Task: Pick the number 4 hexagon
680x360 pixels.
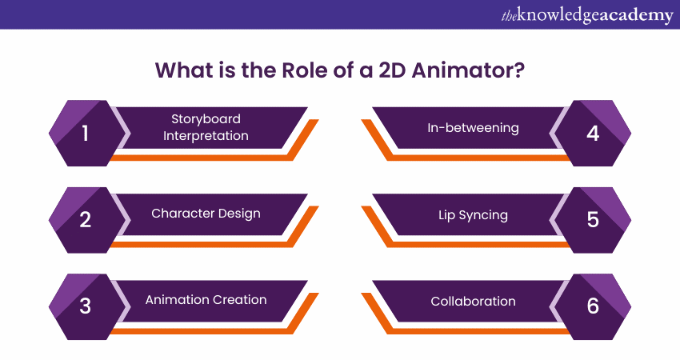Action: click(x=593, y=133)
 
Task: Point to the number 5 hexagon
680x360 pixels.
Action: click(x=593, y=219)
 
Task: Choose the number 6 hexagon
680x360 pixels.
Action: click(x=593, y=306)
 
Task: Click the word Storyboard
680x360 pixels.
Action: click(x=206, y=119)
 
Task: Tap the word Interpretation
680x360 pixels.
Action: click(x=206, y=136)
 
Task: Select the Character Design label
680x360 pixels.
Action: click(x=206, y=214)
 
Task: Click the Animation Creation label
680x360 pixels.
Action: click(x=206, y=300)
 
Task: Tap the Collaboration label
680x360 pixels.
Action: click(x=473, y=301)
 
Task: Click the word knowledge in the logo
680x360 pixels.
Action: click(x=557, y=15)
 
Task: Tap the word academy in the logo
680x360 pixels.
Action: click(x=633, y=15)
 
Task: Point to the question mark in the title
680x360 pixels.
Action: click(x=518, y=70)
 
